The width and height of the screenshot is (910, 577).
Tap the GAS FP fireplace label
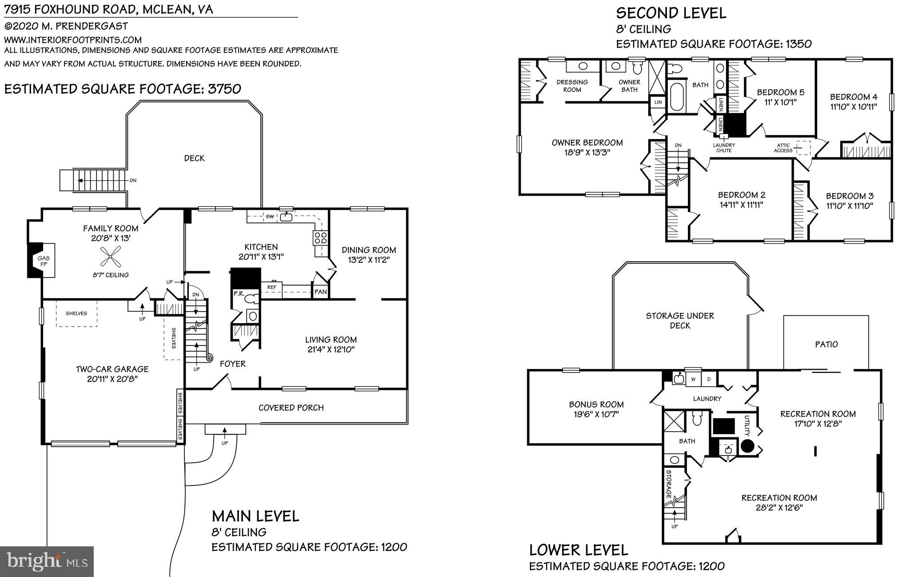click(44, 261)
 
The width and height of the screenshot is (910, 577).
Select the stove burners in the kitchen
click(321, 238)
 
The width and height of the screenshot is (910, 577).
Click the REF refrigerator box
click(271, 287)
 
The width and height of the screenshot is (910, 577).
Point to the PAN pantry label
click(320, 292)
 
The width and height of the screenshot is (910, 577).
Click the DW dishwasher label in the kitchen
click(270, 216)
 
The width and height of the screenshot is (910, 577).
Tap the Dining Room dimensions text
click(368, 260)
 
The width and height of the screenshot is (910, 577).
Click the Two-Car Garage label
click(112, 369)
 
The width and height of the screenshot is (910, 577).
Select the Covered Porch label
click(291, 408)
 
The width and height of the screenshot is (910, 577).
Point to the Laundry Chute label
click(724, 148)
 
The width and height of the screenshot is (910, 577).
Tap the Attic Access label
click(783, 148)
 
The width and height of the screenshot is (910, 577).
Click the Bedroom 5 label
click(780, 92)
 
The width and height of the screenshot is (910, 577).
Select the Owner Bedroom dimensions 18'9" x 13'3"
click(587, 152)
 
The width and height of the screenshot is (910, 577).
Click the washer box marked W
click(692, 379)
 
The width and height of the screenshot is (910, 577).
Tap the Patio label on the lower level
click(826, 344)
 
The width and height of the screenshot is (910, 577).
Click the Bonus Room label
click(596, 405)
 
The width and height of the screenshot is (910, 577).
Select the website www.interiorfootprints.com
click(73, 40)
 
